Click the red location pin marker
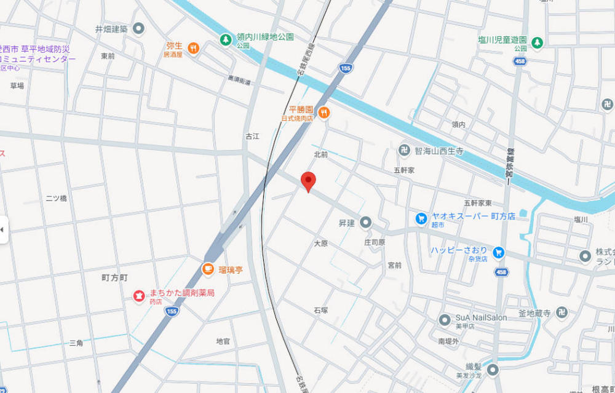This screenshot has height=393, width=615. [x=308, y=181]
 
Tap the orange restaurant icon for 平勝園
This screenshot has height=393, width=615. [x=324, y=113]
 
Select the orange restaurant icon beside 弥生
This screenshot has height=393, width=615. [x=193, y=48]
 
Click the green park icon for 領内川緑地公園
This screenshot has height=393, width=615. [x=226, y=39]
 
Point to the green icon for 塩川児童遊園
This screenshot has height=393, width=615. [x=538, y=42]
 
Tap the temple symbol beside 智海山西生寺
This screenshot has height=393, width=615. [x=405, y=149]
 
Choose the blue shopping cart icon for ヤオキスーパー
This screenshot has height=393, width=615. [x=421, y=218]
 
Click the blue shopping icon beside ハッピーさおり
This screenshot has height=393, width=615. [x=499, y=252]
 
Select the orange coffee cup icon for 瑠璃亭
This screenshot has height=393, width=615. [x=208, y=269]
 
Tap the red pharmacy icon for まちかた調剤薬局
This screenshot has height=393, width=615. [x=138, y=296]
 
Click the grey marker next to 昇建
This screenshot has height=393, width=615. [x=366, y=222]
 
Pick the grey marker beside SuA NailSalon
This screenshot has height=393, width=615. [x=445, y=319]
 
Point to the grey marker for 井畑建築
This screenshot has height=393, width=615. [x=139, y=28]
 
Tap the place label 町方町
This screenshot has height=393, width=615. [x=114, y=278]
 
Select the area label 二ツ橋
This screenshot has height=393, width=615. [x=56, y=199]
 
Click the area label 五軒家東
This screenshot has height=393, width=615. [x=478, y=203]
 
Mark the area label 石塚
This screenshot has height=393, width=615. [x=320, y=310]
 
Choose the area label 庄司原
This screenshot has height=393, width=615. [x=374, y=242]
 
